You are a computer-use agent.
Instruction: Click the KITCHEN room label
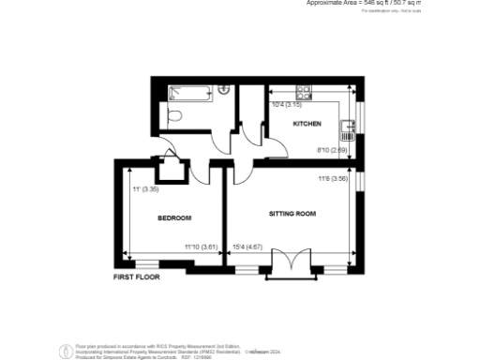(x=307, y=124)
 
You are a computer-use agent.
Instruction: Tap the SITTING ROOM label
(x=292, y=214)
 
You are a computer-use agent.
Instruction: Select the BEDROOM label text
(x=174, y=218)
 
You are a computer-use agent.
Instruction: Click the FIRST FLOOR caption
(x=137, y=277)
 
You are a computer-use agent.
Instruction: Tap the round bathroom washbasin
(x=224, y=89)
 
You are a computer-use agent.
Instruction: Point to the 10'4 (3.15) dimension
(x=285, y=105)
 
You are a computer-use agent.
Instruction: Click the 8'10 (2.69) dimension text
(x=333, y=150)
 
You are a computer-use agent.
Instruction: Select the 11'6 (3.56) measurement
(x=333, y=178)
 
